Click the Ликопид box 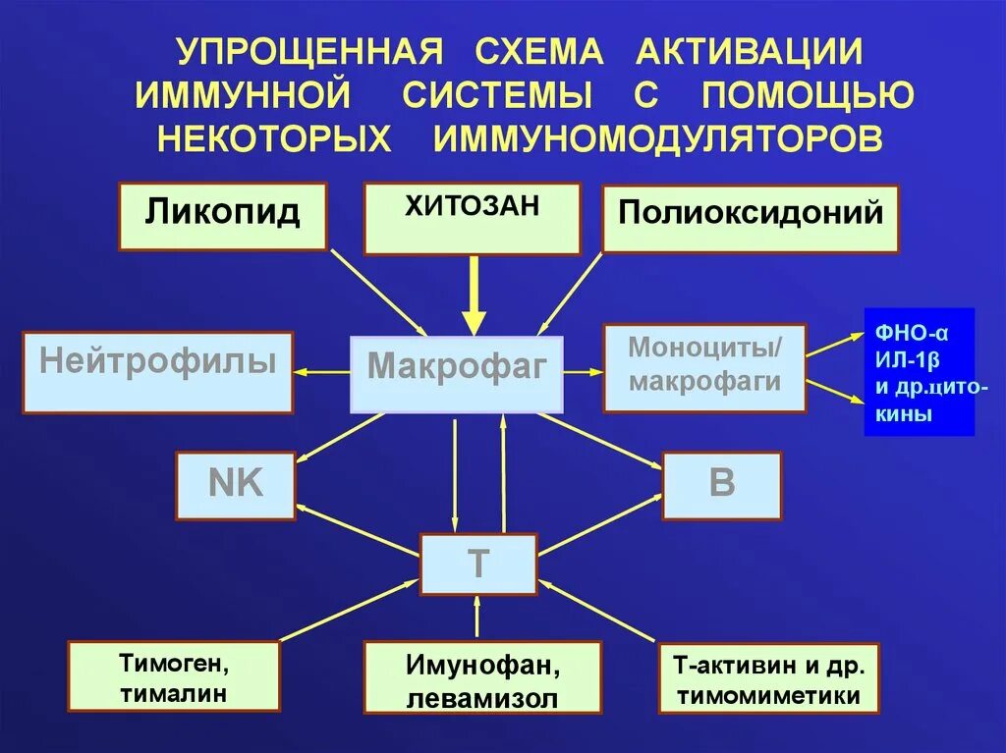pos(222,216)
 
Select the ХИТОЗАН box pos(473,218)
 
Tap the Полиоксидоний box pos(751,218)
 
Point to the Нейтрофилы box pos(157,372)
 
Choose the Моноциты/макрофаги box pos(704,368)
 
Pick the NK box pos(236,485)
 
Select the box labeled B pos(722,485)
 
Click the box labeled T pos(478,564)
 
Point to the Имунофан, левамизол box pos(481,677)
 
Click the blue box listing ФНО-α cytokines pos(919,372)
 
